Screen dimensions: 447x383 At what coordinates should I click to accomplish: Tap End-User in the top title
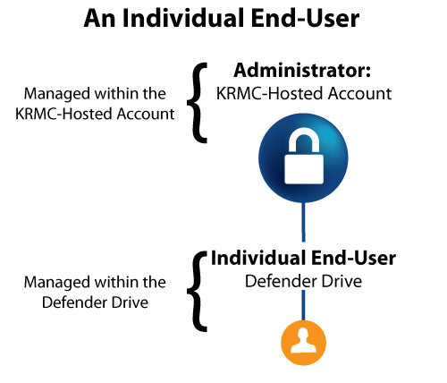[306, 19]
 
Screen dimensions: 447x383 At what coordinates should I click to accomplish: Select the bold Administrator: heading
[302, 71]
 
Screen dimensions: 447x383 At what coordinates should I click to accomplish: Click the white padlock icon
[304, 156]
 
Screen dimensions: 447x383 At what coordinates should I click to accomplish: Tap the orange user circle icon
[304, 343]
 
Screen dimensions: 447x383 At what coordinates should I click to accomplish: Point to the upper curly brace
[197, 103]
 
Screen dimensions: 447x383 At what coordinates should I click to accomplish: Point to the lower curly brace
[197, 292]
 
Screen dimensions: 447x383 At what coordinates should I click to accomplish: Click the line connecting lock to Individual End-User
[303, 222]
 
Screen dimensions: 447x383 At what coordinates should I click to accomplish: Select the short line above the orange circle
[303, 305]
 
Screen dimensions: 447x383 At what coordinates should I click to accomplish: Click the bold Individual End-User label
[303, 258]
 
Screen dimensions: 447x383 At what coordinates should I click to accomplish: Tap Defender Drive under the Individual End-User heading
[303, 281]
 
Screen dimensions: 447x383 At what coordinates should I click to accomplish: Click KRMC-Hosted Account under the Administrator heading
[304, 93]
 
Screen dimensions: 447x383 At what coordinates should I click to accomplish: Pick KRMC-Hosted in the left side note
[63, 114]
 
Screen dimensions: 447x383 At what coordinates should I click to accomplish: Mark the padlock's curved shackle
[304, 140]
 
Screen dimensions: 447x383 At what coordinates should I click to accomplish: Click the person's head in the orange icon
[304, 336]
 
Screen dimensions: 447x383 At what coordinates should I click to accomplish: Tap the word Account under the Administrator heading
[359, 93]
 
